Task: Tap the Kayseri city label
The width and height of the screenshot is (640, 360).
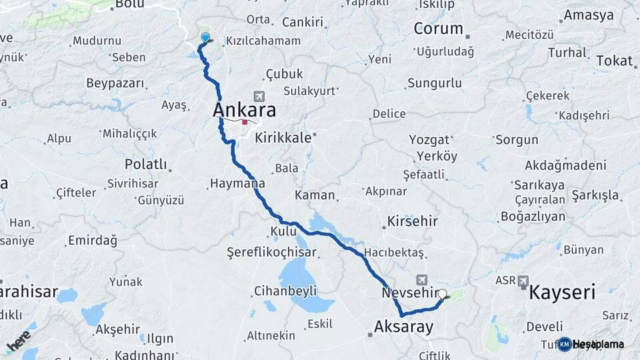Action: pyautogui.click(x=562, y=292)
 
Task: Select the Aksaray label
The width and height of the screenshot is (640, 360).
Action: pyautogui.click(x=404, y=327)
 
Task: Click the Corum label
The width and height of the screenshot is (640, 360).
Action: pyautogui.click(x=438, y=28)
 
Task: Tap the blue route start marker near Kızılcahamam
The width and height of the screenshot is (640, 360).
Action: pyautogui.click(x=205, y=39)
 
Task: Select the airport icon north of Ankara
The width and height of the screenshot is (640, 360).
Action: pyautogui.click(x=259, y=97)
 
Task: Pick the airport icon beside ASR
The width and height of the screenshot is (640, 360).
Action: pyautogui.click(x=523, y=281)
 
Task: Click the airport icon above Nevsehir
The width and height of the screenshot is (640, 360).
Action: pyautogui.click(x=421, y=279)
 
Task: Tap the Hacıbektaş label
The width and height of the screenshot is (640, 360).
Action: pyautogui.click(x=394, y=253)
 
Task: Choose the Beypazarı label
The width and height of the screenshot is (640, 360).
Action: pyautogui.click(x=115, y=83)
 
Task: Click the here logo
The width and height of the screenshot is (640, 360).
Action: pyautogui.click(x=19, y=341)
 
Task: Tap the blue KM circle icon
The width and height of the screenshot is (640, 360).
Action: pyautogui.click(x=565, y=344)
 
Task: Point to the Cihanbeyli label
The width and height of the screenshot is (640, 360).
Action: pyautogui.click(x=285, y=291)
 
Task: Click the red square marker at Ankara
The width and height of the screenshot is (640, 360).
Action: pyautogui.click(x=245, y=122)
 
